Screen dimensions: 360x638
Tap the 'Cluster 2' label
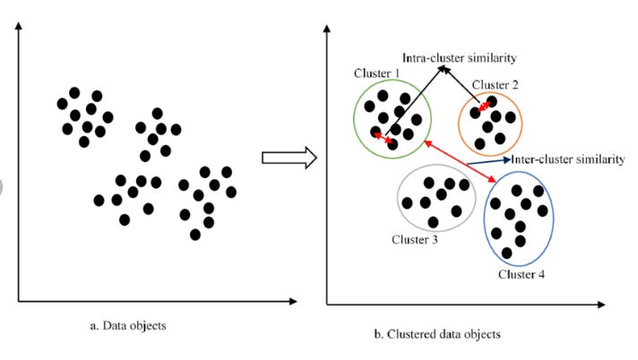[x=496, y=84]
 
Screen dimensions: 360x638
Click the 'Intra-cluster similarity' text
[x=459, y=57]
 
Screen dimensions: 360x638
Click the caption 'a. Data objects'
[x=128, y=325]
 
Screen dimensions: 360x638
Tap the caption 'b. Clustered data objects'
[x=437, y=334]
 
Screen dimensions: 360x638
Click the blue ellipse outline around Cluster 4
[x=485, y=219]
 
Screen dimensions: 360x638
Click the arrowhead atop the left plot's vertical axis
[x=20, y=33]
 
